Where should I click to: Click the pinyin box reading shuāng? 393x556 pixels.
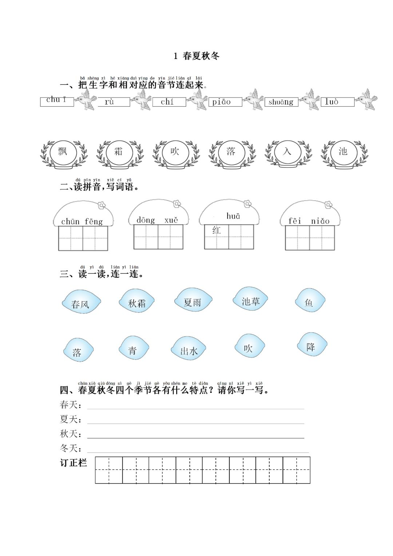tap(281, 102)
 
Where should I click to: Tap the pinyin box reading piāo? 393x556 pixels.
tap(225, 102)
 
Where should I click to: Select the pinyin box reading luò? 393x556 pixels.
tap(337, 102)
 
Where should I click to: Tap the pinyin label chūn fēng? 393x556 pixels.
tap(82, 221)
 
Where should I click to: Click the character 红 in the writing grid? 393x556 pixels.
tap(217, 230)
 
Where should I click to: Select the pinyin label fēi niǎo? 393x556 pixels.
tap(309, 221)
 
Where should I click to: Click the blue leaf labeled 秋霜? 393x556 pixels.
tap(137, 301)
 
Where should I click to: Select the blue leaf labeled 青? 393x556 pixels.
tap(134, 348)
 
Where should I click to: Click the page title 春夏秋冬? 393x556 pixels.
tap(201, 56)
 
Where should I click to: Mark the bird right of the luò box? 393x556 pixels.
tap(366, 99)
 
